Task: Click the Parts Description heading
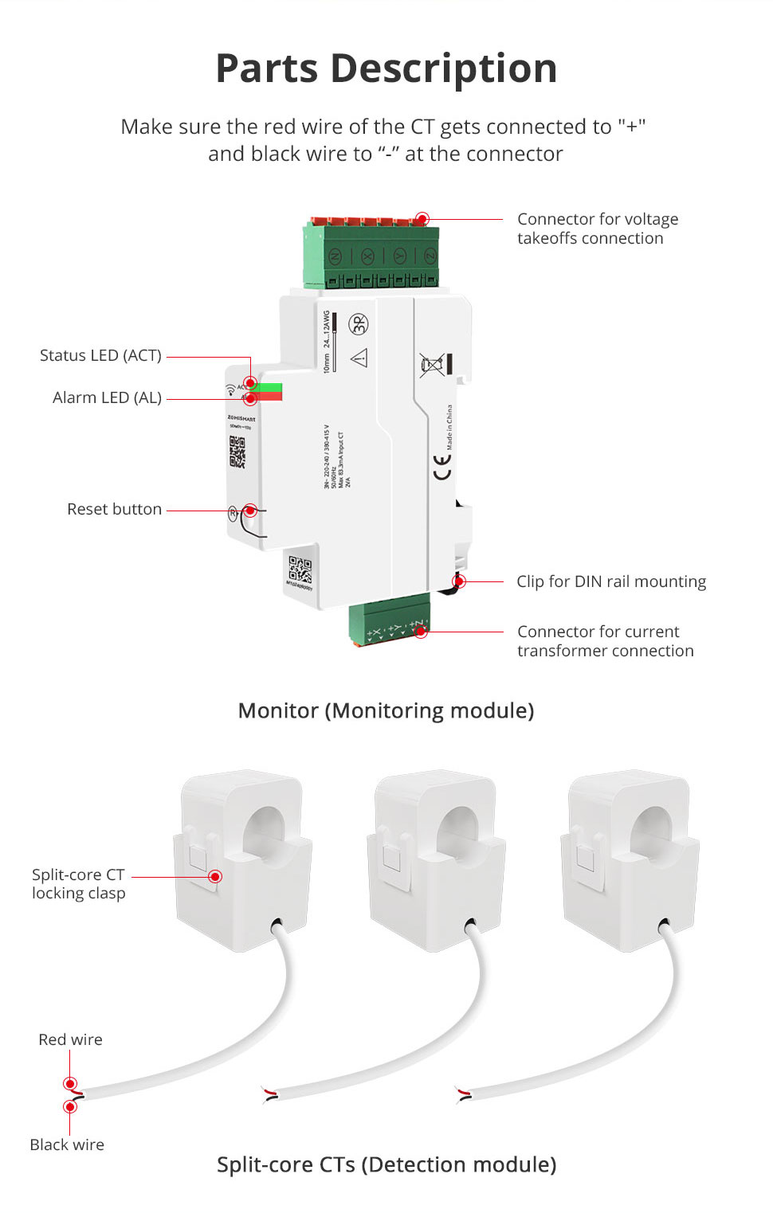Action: coord(386,68)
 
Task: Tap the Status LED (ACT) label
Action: coord(100,356)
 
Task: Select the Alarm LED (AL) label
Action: coord(107,397)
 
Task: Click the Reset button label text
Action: coord(114,509)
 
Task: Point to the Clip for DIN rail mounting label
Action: coord(611,581)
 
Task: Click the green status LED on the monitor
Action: coord(269,387)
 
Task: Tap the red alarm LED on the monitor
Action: coord(269,397)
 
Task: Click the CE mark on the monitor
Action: coord(442,468)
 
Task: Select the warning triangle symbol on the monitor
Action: coord(359,358)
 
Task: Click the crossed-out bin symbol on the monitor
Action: coord(432,366)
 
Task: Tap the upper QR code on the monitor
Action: coord(237,452)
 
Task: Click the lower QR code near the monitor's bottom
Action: coord(300,569)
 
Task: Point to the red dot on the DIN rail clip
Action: coord(459,581)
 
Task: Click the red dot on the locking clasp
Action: coord(215,876)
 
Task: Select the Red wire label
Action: coord(70,1039)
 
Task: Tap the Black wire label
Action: coord(67,1145)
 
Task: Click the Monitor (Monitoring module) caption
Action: coord(386,710)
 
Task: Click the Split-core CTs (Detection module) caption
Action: coord(386,1164)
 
